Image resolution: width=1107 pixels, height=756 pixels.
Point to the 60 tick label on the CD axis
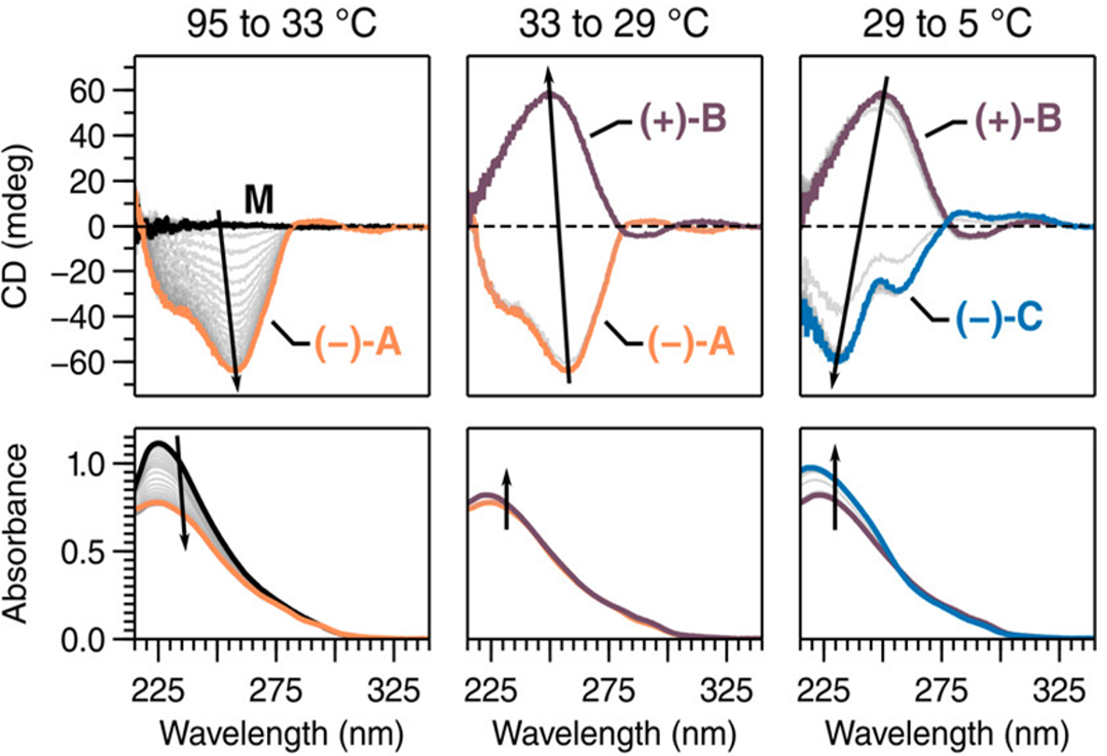[94, 91]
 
